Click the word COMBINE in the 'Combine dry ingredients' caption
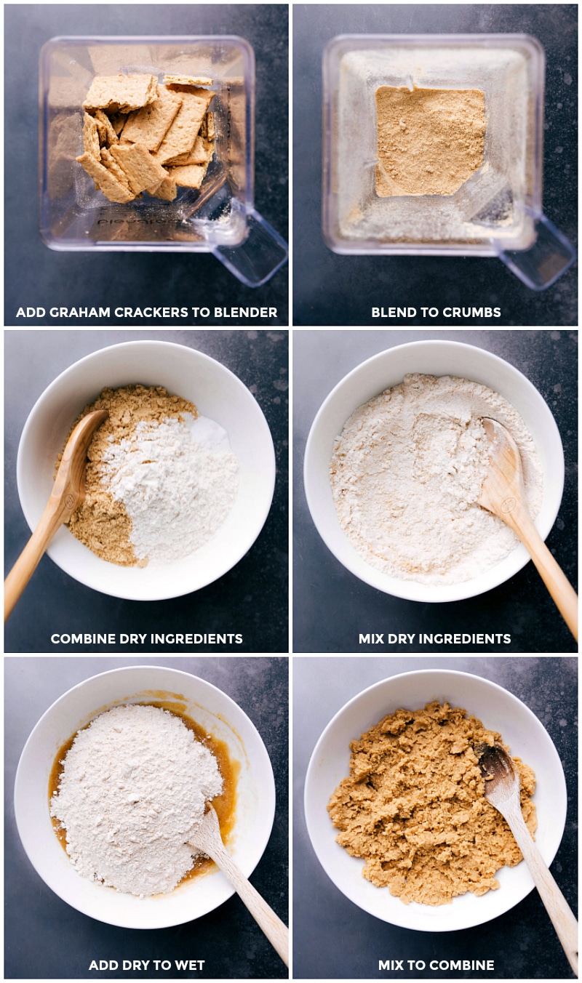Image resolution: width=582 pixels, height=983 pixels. pyautogui.click(x=79, y=639)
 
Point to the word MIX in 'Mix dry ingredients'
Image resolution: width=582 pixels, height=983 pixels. pyautogui.click(x=371, y=639)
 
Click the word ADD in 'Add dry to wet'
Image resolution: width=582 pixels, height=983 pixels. pyautogui.click(x=102, y=966)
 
